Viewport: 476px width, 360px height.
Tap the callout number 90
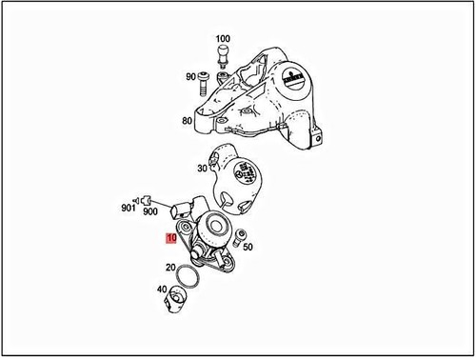pyautogui.click(x=190, y=76)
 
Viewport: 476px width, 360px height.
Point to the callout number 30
pyautogui.click(x=202, y=169)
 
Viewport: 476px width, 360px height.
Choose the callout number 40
pyautogui.click(x=164, y=290)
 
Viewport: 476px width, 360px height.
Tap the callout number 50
pyautogui.click(x=248, y=246)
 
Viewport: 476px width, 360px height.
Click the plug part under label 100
pyautogui.click(x=222, y=52)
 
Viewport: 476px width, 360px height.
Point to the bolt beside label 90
pyautogui.click(x=206, y=84)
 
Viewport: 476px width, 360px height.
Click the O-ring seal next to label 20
pyautogui.click(x=190, y=276)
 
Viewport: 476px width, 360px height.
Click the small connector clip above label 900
pyautogui.click(x=145, y=199)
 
